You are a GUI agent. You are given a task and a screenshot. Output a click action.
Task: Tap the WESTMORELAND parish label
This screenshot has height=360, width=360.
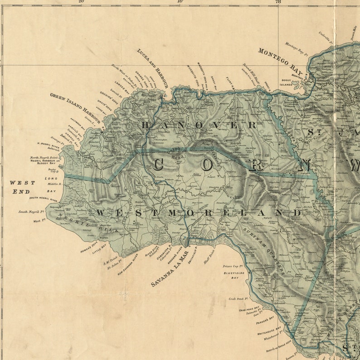click(x=199, y=213)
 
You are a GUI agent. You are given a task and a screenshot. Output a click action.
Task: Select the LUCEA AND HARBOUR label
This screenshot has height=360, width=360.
click(x=152, y=68)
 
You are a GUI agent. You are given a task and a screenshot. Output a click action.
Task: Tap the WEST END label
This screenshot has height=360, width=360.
click(x=22, y=187)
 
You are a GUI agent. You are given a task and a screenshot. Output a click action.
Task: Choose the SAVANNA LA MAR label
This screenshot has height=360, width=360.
click(x=170, y=270)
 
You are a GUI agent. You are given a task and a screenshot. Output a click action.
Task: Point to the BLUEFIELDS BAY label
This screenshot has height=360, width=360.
click(x=231, y=275)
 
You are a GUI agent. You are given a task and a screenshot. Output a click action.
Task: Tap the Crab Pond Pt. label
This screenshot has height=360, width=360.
click(x=238, y=299)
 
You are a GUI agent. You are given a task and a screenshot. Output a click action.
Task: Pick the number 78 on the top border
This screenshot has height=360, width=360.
click(x=278, y=2)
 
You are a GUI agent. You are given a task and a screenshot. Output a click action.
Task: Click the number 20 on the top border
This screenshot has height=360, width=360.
click(x=81, y=2)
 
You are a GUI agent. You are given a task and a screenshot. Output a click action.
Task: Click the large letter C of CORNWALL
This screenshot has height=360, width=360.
click(x=157, y=165)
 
